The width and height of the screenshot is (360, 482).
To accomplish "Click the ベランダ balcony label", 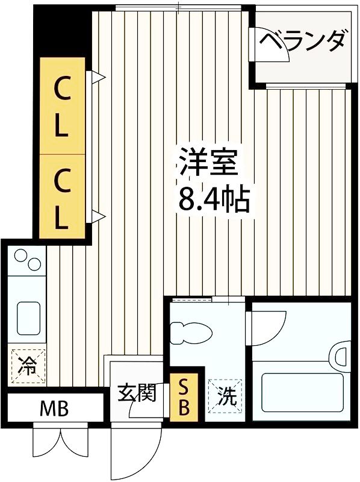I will click(x=304, y=42).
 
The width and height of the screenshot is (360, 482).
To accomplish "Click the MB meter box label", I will click(x=54, y=410).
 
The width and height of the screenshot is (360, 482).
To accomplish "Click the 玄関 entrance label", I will click(x=136, y=393).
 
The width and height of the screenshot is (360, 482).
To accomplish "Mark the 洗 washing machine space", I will click(x=225, y=396).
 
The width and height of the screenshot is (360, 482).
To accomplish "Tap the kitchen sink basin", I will click(x=29, y=318).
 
